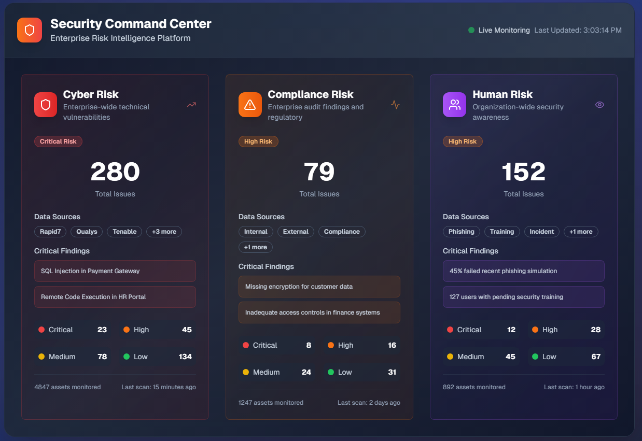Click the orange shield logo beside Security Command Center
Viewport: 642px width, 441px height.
30,30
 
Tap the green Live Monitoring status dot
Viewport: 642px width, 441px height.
471,30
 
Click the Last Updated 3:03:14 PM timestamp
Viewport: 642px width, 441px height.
578,30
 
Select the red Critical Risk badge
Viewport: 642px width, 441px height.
58,141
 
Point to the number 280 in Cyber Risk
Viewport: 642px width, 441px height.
115,172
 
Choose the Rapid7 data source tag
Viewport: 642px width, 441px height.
50,232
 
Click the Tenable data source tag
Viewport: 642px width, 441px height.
124,232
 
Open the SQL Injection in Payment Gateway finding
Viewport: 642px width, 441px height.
115,271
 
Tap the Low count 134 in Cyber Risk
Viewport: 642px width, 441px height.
185,357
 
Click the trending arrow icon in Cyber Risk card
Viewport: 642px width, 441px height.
191,105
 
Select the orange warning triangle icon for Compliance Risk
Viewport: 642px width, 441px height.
250,105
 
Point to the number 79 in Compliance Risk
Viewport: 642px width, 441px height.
319,172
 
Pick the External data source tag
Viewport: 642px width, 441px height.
296,232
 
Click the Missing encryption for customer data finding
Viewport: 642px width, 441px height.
319,287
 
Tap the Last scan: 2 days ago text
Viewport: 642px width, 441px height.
369,403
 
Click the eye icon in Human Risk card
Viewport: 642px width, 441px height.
599,105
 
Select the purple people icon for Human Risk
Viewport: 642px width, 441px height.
455,105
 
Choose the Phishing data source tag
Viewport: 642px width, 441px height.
462,232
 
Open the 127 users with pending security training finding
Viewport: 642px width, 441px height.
524,297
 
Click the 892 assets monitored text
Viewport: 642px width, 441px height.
474,387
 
